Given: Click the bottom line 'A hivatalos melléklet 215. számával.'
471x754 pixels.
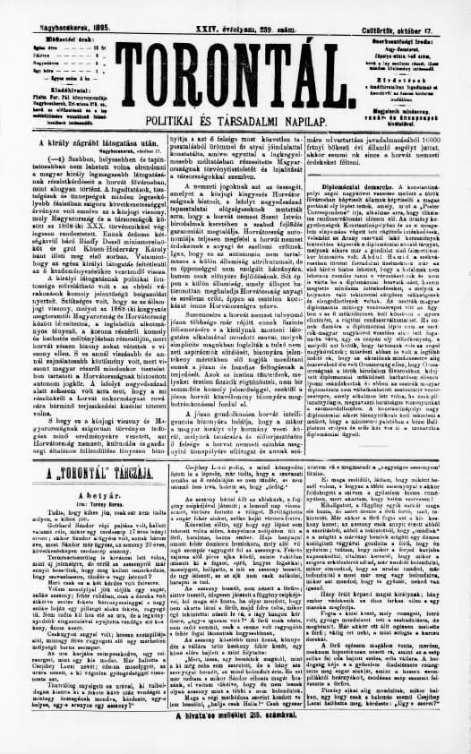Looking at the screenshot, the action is point(235,741).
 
